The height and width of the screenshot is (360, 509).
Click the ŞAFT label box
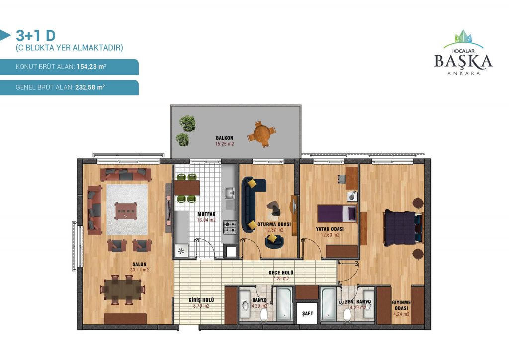tap(307, 313)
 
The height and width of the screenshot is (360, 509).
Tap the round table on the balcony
tap(261, 134)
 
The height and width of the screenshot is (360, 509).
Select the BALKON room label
tap(224, 138)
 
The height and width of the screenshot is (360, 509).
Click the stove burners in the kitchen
tap(230, 227)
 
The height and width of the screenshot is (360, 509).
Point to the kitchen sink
tap(230, 193)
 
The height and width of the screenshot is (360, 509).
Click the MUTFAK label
tap(206, 214)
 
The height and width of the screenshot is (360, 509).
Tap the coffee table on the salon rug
tap(126, 211)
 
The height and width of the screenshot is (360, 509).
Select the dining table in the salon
tap(123, 289)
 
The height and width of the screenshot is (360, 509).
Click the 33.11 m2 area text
tap(139, 270)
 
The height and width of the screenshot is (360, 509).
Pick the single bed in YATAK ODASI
tap(337, 214)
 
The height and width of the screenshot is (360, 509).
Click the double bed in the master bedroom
tap(403, 228)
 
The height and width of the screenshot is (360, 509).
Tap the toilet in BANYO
tap(263, 314)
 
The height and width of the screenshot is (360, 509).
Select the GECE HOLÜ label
tap(281, 273)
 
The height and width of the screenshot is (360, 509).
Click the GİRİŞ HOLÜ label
tap(201, 300)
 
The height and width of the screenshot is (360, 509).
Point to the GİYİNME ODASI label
tap(401, 305)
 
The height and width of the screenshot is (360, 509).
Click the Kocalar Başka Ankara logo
tap(463, 53)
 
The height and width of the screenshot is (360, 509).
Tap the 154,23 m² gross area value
tap(91, 67)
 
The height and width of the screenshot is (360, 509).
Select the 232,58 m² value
tap(90, 87)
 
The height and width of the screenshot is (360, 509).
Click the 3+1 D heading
tap(36, 35)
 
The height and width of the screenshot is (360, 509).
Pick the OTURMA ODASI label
tap(274, 224)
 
